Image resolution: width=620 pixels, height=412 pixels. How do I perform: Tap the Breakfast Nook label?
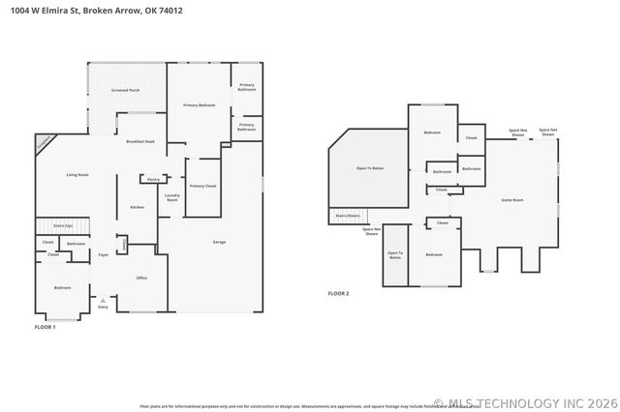point(141,142)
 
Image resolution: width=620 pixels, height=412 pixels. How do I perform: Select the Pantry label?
point(153,179)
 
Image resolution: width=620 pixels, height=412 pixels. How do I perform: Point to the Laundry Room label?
point(172,197)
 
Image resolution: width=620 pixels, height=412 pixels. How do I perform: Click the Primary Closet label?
point(202,186)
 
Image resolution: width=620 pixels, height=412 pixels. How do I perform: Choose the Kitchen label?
point(138,207)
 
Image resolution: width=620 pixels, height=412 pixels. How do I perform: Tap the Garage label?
point(219,242)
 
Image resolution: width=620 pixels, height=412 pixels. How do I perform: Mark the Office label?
point(141,278)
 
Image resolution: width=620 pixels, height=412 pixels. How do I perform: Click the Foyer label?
point(103,256)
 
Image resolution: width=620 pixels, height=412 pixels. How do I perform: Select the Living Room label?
point(77,175)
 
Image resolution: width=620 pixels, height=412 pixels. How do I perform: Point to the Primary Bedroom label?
point(199,104)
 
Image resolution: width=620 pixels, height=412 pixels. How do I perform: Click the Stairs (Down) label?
point(347,216)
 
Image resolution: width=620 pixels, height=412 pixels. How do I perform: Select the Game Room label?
point(511,199)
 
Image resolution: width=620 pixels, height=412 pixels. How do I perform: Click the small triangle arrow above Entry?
point(103,300)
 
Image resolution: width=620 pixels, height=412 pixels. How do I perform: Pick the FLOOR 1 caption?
point(46,328)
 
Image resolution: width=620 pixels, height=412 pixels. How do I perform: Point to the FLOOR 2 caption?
point(338,293)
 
